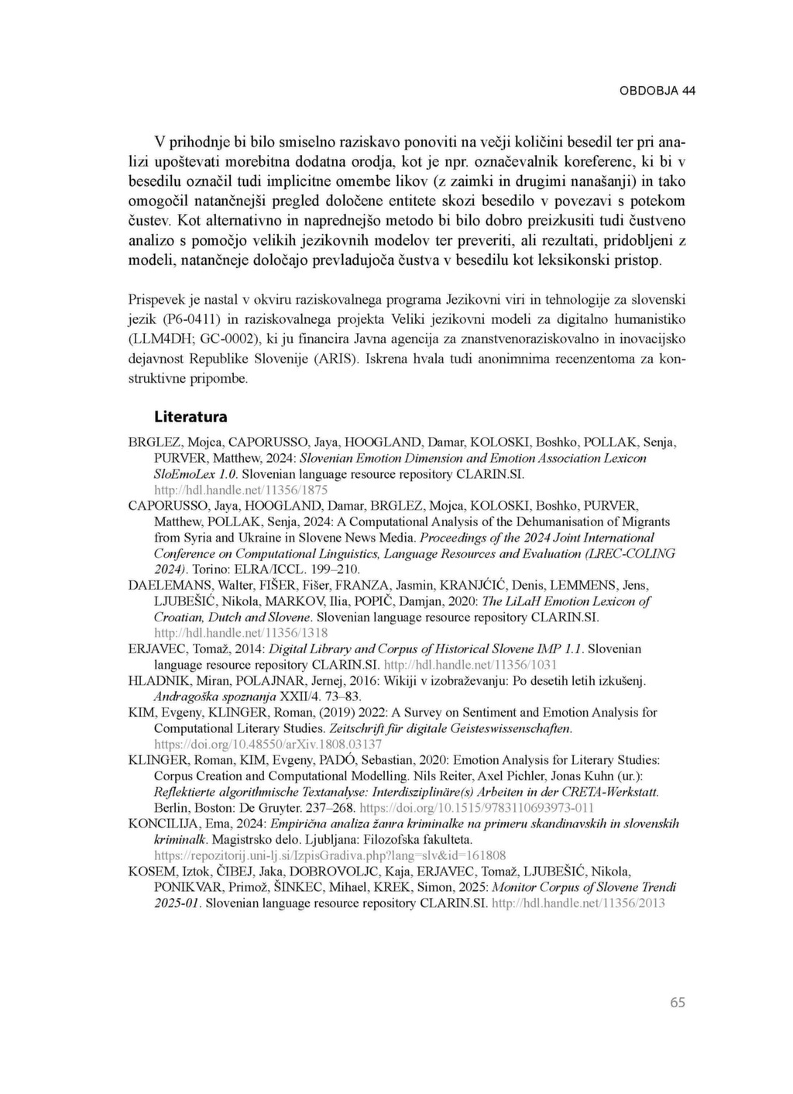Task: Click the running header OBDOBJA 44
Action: pos(657,91)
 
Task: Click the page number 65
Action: pos(678,1003)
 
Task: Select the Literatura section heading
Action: pos(191,417)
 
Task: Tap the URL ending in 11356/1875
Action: pos(241,490)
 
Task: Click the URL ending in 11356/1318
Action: pos(241,633)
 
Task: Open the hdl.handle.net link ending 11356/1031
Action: pos(470,665)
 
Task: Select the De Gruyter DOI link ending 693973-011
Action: pos(502,807)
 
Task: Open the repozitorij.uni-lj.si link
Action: pos(330,855)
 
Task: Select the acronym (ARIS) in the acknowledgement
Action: pos(330,360)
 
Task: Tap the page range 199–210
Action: pos(334,569)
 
